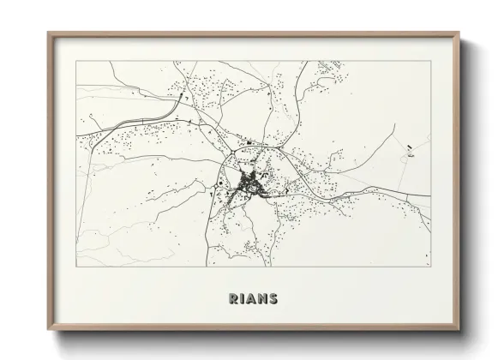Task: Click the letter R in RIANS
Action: (x=231, y=299)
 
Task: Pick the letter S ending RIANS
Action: (x=273, y=299)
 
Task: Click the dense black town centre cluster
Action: (x=251, y=182)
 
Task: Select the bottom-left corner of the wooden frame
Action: (x=49, y=327)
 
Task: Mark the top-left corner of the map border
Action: (x=76, y=61)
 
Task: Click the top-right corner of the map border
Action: (x=430, y=61)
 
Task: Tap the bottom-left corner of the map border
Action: (x=76, y=266)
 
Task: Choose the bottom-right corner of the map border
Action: (x=430, y=266)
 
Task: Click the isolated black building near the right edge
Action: (x=411, y=147)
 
